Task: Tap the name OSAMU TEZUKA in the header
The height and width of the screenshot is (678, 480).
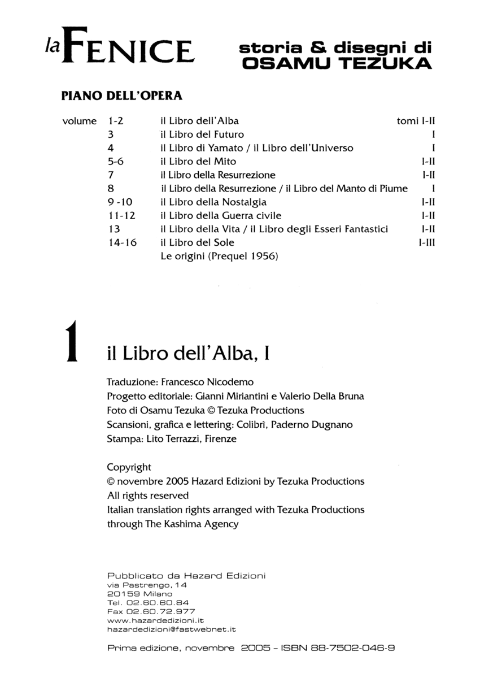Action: (x=337, y=64)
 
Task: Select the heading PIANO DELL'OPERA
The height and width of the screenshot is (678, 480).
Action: (x=121, y=95)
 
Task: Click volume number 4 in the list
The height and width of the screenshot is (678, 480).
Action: (x=111, y=148)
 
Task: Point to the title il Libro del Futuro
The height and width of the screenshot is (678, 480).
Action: (x=202, y=134)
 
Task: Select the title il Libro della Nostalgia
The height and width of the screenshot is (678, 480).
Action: (x=213, y=202)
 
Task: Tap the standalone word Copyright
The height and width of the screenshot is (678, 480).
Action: (x=129, y=467)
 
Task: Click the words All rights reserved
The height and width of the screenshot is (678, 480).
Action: (x=148, y=496)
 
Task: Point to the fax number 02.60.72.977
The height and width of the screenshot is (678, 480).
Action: (x=161, y=611)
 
